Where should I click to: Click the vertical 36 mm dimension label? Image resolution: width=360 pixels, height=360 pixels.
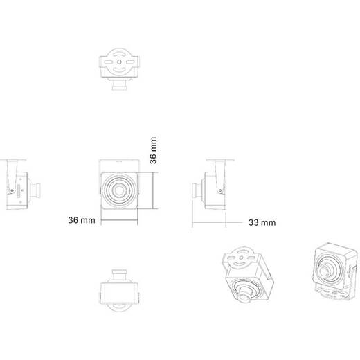(x=153, y=150)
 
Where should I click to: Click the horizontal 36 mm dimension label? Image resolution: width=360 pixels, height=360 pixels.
(x=82, y=220)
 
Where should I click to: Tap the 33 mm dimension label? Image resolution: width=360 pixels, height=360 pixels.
(x=262, y=222)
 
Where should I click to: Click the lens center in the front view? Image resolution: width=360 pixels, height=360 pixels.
(x=119, y=190)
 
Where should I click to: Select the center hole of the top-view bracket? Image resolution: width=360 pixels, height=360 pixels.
(x=119, y=62)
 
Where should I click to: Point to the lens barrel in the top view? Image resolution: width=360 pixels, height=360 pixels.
(x=119, y=85)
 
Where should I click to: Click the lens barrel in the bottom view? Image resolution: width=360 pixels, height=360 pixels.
(x=119, y=274)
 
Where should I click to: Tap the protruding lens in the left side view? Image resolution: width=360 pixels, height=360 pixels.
(x=35, y=190)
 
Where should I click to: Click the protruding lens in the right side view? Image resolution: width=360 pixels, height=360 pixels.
(x=197, y=190)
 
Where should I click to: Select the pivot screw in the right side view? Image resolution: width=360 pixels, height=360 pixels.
(x=220, y=190)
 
